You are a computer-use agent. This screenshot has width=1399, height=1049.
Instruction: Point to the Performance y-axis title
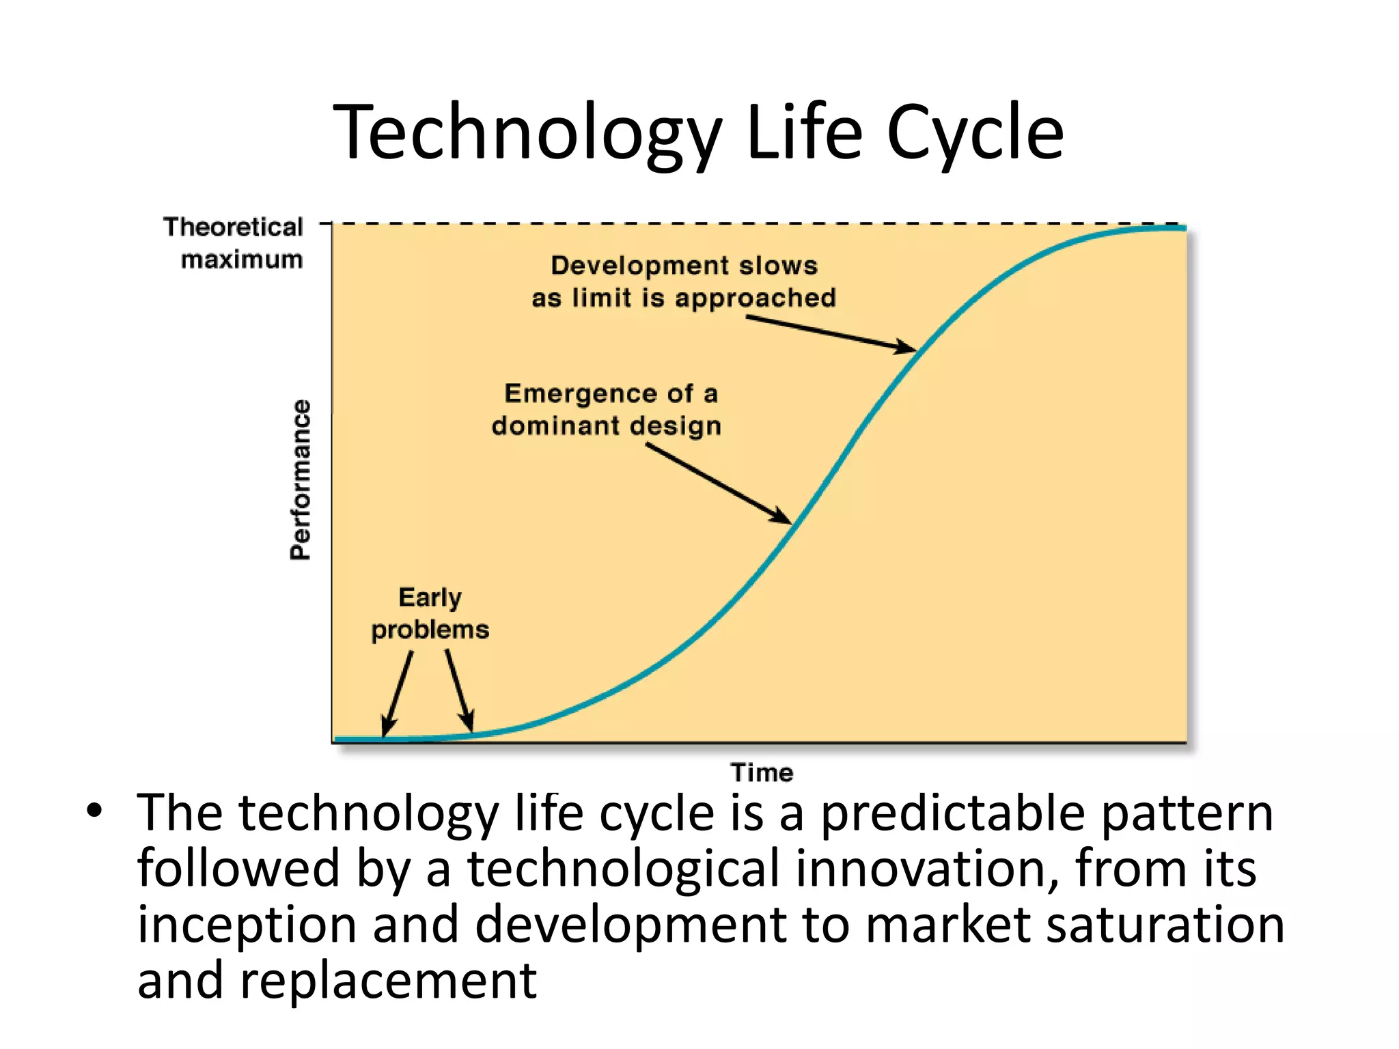[300, 479]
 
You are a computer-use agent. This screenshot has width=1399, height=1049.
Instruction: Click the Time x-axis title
[762, 772]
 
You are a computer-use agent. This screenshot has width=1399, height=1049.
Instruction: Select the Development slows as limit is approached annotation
[684, 281]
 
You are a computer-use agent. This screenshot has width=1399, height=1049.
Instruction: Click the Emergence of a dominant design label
[607, 409]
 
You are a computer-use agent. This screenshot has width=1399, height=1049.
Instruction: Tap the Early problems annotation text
[430, 613]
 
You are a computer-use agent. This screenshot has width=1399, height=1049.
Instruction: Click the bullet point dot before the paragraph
[94, 811]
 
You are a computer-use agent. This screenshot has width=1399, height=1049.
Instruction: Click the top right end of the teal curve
[1183, 228]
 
